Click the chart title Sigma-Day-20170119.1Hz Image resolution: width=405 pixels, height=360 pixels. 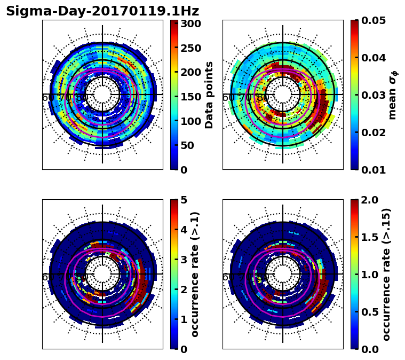pyautogui.click(x=102, y=11)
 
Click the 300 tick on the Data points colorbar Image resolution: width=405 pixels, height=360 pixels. pyautogui.click(x=190, y=24)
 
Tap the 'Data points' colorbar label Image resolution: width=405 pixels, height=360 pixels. pyautogui.click(x=209, y=95)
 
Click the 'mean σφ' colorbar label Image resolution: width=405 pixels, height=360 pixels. pyautogui.click(x=392, y=95)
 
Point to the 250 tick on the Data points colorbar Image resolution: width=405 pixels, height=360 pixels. pyautogui.click(x=190, y=48)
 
